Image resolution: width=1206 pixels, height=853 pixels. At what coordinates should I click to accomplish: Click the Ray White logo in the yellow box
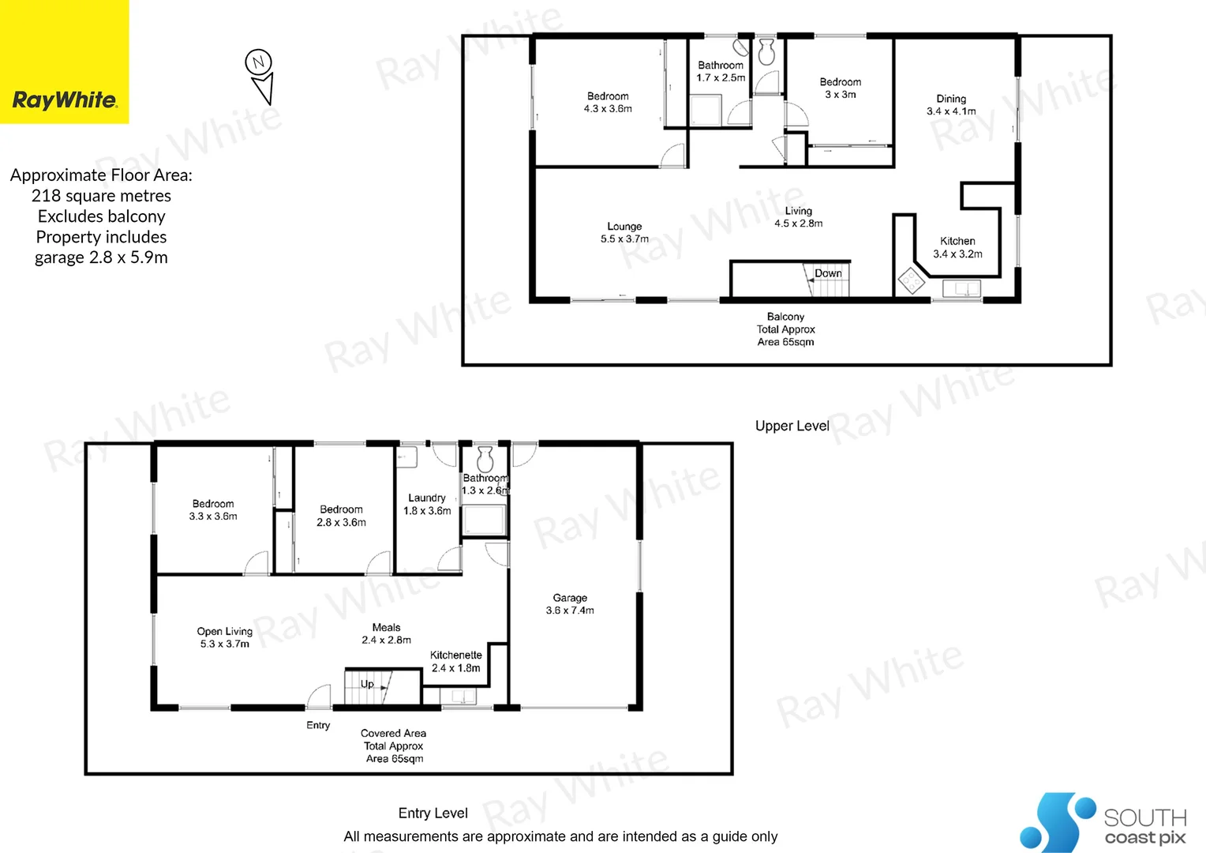click(65, 100)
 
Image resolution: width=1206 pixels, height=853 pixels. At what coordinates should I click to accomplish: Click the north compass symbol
click(260, 75)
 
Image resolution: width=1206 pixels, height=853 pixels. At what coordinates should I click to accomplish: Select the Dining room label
click(951, 104)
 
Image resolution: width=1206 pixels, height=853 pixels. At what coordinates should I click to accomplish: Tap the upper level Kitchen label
click(957, 247)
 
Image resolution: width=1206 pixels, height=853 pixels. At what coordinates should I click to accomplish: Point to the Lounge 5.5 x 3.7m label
click(624, 232)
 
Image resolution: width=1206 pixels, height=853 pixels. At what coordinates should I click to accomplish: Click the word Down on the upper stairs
click(828, 273)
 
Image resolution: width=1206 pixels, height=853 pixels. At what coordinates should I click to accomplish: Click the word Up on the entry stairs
click(367, 684)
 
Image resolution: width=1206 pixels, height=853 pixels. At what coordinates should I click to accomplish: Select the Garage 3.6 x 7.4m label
click(570, 604)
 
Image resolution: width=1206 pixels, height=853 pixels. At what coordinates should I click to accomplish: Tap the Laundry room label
click(427, 504)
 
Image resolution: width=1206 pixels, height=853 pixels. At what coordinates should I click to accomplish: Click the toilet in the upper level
click(766, 53)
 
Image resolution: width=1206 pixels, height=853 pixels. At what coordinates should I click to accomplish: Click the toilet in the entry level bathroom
click(485, 458)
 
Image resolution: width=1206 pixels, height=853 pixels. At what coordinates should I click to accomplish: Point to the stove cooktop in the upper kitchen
click(912, 281)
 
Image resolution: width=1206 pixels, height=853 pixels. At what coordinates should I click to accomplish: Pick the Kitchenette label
click(455, 661)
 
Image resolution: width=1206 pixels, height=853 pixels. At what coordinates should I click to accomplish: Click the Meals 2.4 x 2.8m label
click(386, 633)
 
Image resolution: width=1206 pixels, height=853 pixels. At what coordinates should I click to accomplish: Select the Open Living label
click(225, 637)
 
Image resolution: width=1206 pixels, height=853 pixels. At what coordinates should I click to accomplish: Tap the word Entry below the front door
click(318, 725)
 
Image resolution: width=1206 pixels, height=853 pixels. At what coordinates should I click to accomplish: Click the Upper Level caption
click(792, 426)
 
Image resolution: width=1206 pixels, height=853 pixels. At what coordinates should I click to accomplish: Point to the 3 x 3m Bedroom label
click(840, 88)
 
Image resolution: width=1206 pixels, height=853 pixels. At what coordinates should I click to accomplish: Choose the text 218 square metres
click(101, 196)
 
